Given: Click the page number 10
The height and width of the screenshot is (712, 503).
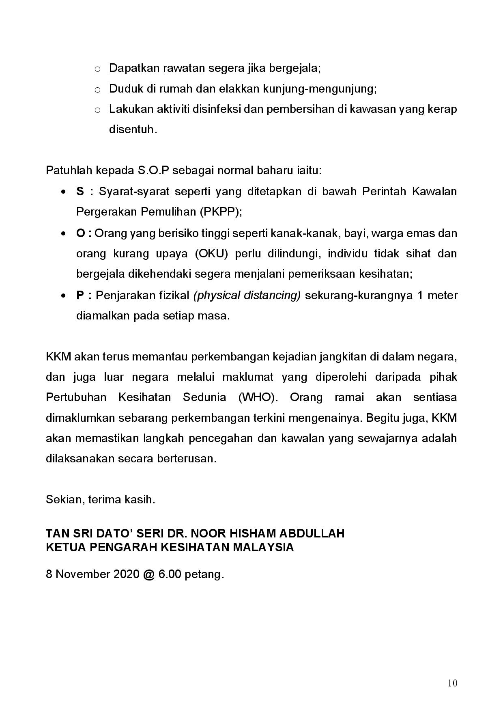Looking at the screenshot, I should [453, 683].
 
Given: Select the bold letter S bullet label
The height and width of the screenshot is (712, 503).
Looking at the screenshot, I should [80, 191].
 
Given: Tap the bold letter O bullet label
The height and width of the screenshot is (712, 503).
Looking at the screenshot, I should [80, 233].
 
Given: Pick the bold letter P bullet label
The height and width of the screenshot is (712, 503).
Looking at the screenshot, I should [80, 295].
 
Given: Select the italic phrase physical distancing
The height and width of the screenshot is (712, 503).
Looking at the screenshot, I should [247, 295].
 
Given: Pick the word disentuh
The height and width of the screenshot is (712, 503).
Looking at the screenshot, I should [133, 129].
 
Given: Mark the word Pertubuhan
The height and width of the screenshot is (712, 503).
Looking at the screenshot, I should [76, 397].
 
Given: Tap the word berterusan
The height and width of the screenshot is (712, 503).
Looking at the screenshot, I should [190, 459].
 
